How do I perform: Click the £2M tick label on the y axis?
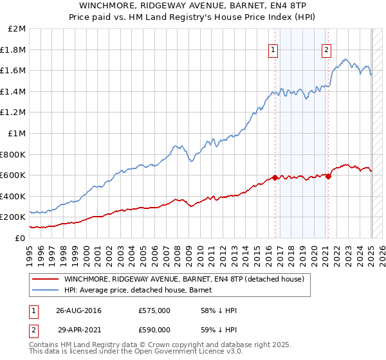[x=17, y=29]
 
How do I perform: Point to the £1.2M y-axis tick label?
[x=14, y=113]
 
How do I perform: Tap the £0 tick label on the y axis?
[x=21, y=238]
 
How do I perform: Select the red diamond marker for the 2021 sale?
[x=328, y=176]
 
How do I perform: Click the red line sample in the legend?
[x=45, y=279]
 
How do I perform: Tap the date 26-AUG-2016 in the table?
[x=79, y=310]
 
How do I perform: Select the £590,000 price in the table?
[x=154, y=330]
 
